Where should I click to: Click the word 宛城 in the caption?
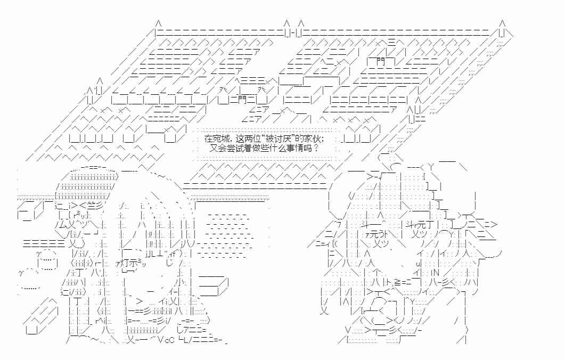[218, 138]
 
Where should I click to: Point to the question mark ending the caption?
[316, 148]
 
